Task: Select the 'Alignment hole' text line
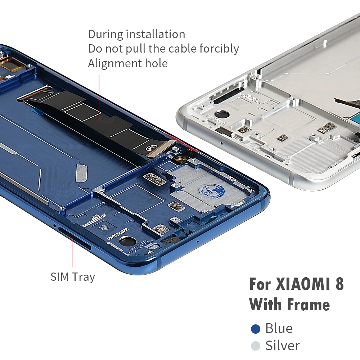coord(128,64)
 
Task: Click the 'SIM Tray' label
coord(73,277)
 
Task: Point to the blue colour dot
coord(256,329)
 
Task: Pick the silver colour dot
coord(256,346)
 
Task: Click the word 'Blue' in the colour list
coord(279,329)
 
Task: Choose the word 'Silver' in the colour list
coord(283,346)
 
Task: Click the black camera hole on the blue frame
coord(126,241)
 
